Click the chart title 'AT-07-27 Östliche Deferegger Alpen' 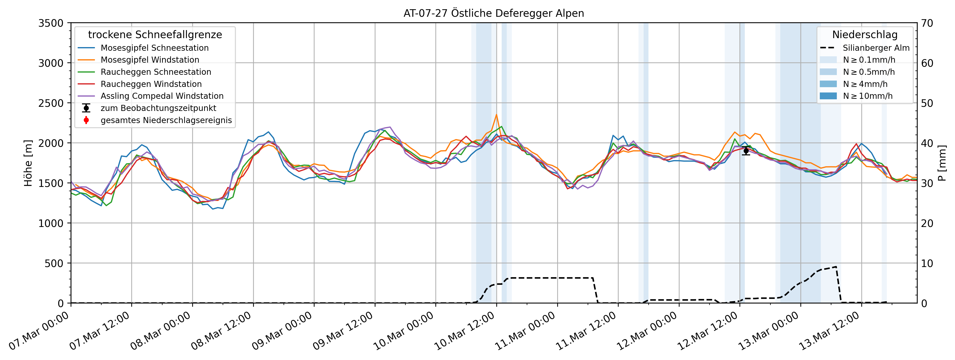493,13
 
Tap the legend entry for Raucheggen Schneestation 156,72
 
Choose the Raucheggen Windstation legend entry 151,84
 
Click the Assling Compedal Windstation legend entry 162,96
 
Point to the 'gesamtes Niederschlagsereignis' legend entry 166,120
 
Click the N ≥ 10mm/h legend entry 867,96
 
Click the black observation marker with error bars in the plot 746,151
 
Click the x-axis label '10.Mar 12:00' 465,331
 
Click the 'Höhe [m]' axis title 28,163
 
